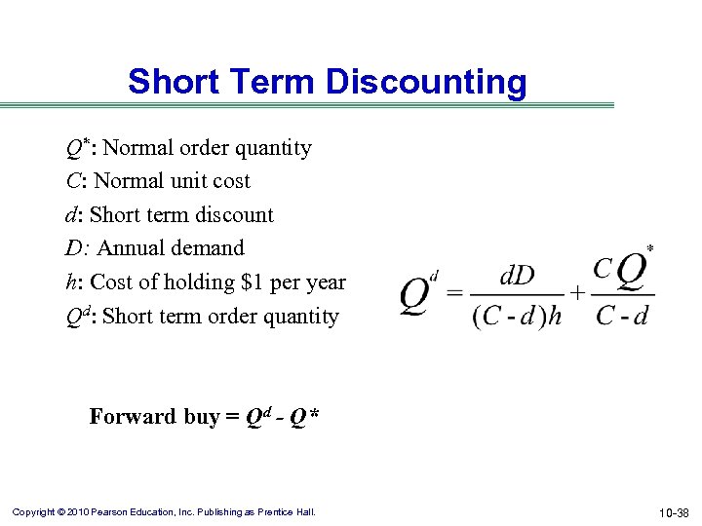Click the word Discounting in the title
coord(426,82)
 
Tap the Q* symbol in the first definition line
coord(78,148)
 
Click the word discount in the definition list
coord(232,215)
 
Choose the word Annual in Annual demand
coord(134,248)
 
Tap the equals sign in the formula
coord(453,292)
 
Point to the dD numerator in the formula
coord(517,276)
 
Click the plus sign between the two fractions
coord(577,292)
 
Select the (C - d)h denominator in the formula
coord(516,316)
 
